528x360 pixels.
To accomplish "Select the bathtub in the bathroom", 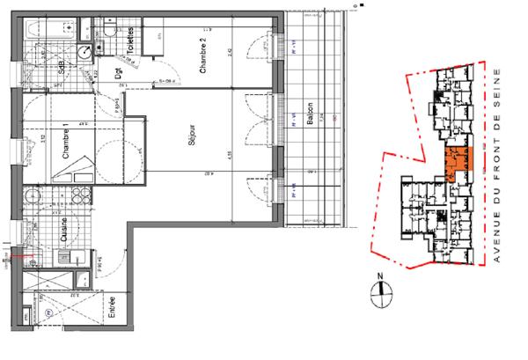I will point(48,29).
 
